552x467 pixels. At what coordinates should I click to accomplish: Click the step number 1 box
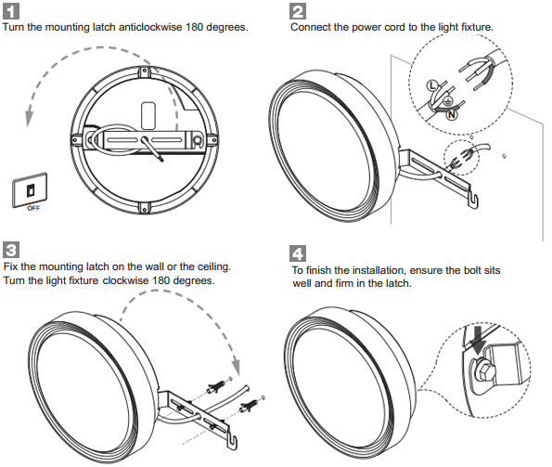(11, 11)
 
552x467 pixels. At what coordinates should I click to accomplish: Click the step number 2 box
(298, 11)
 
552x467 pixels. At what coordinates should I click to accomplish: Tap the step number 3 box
(11, 250)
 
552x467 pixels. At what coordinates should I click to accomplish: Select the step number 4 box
(298, 253)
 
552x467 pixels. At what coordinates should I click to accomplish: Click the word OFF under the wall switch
(33, 208)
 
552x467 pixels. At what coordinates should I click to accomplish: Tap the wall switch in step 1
(30, 190)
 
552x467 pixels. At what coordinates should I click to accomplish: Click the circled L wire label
(431, 85)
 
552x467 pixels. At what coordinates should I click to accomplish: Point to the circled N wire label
(452, 114)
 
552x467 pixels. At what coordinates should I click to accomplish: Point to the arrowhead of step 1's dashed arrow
(29, 118)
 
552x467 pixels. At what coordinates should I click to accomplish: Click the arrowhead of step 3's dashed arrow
(236, 368)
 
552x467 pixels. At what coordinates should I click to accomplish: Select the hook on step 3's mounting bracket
(232, 442)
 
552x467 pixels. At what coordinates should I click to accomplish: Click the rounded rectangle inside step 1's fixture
(148, 115)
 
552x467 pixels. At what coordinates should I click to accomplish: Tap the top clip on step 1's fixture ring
(145, 73)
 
